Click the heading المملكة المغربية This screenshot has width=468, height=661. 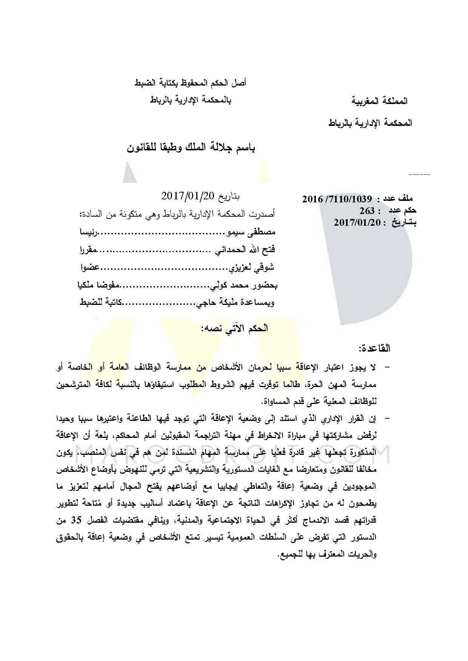pos(380,101)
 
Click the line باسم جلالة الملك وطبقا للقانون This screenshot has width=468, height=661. pos(191,147)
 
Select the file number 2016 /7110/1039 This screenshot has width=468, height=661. pos(337,199)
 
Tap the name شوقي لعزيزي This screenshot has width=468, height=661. pos(250,268)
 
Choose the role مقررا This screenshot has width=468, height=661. pos(88,249)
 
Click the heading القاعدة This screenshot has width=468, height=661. pos(375,348)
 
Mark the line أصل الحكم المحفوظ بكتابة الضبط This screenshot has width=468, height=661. pos(191,83)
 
